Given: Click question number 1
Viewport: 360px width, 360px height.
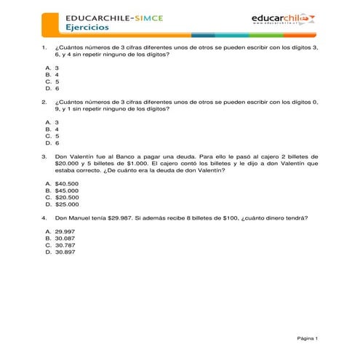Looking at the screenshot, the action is (x=44, y=47).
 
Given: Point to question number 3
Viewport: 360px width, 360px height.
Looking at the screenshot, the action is (x=44, y=156).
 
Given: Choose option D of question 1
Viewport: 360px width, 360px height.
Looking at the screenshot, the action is (x=52, y=87).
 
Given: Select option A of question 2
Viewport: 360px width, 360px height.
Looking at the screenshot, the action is (x=52, y=121).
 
